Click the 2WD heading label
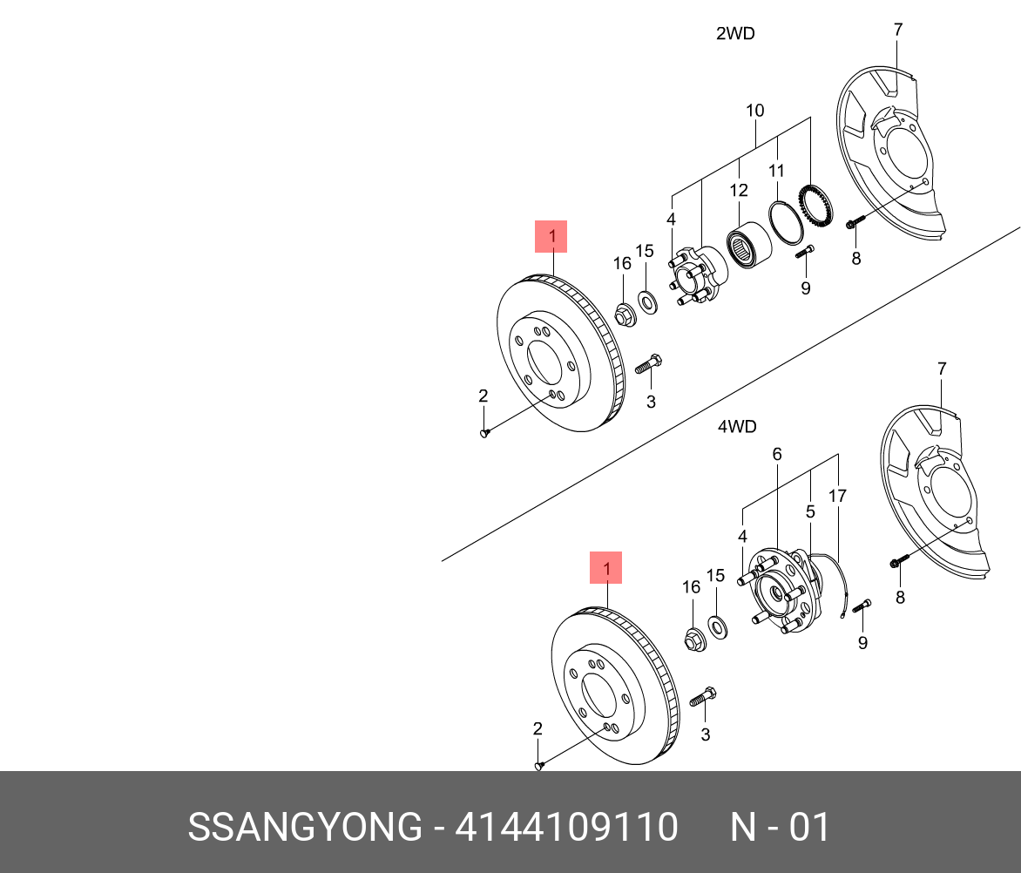(734, 34)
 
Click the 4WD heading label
(736, 427)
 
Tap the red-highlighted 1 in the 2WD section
(551, 236)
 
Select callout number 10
(754, 111)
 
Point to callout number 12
(739, 190)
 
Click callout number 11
(776, 171)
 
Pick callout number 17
(837, 497)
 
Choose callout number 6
(776, 454)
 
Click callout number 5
(809, 512)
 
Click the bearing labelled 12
(746, 247)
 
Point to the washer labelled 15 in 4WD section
(718, 625)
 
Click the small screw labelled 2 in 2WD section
(485, 432)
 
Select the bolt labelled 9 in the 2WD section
(805, 253)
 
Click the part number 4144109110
(566, 827)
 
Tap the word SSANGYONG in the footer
(304, 827)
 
